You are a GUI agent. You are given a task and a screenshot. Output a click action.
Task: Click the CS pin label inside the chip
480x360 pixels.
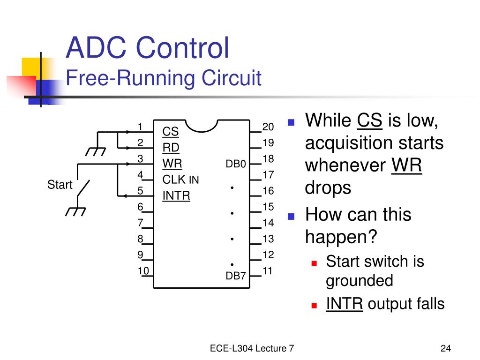click(171, 132)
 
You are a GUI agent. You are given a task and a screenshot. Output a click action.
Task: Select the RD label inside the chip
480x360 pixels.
click(171, 148)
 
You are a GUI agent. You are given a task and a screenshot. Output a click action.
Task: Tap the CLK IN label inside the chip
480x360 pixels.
click(180, 180)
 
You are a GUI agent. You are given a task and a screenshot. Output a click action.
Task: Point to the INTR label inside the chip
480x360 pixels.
click(176, 195)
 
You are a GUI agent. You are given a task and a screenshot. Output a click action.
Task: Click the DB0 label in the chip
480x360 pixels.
click(236, 164)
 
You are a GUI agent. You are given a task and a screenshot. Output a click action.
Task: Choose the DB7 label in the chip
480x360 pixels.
click(236, 276)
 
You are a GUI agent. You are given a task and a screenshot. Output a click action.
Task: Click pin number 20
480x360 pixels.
click(268, 127)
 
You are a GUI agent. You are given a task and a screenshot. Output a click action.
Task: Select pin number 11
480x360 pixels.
click(267, 270)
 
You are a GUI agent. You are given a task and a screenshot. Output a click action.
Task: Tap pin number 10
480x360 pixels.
click(143, 270)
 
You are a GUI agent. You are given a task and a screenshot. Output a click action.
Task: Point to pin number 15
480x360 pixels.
click(268, 207)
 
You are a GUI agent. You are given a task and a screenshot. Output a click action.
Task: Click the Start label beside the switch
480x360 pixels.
click(60, 185)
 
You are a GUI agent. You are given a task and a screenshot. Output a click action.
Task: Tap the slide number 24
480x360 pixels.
click(446, 348)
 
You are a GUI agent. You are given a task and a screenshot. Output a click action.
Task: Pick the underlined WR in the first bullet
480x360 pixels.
click(406, 165)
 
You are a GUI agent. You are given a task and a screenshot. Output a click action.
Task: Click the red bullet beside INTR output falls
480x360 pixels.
click(314, 305)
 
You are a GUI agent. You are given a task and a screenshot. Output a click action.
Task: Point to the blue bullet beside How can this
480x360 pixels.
click(291, 217)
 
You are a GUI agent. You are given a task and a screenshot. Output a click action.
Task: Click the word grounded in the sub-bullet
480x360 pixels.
click(360, 281)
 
